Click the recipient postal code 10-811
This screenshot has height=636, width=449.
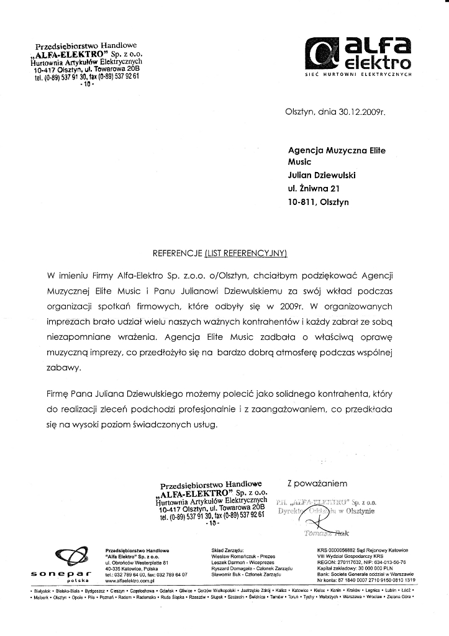coord(302,202)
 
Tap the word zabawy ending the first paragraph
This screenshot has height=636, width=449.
coord(63,368)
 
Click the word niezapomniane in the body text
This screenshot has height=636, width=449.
coord(79,338)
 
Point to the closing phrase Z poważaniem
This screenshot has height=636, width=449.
coord(314,483)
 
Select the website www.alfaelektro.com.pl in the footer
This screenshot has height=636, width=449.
coord(133,581)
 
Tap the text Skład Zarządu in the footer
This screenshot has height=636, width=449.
coord(230,550)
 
